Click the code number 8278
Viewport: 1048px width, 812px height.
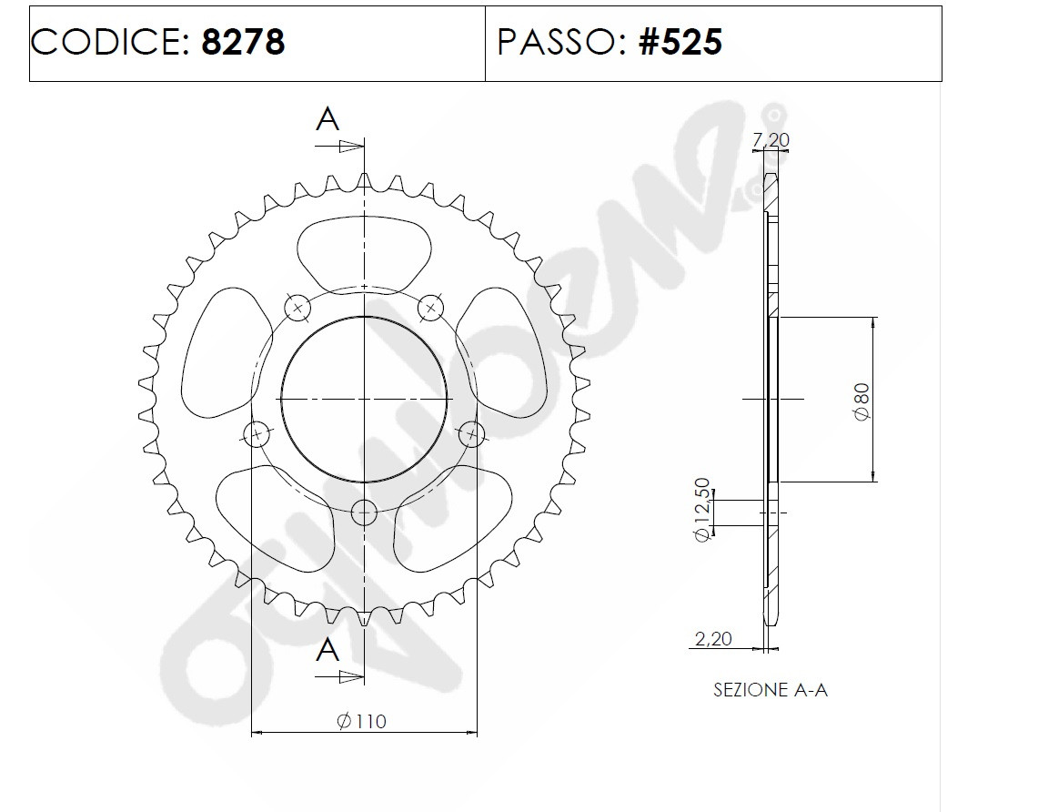click(243, 42)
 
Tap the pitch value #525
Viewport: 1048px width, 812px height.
click(680, 42)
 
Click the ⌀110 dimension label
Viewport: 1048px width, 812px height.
click(361, 721)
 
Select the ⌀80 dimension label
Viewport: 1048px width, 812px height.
click(862, 402)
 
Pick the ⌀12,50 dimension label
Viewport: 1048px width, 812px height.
click(701, 510)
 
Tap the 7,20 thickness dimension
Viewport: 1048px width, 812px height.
click(771, 140)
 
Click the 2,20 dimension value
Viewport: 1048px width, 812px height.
click(714, 639)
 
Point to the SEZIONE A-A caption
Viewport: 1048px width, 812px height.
click(771, 690)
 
